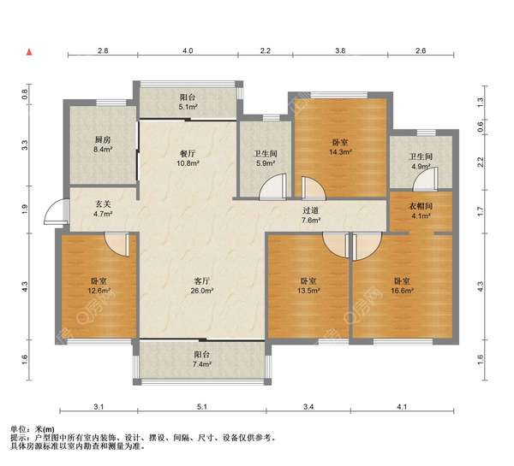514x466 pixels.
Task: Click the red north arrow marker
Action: coord(29,52)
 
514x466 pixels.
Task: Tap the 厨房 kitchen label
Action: coord(103,140)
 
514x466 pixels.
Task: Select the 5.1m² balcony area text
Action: coord(188,107)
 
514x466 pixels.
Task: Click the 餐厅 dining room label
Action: coord(188,153)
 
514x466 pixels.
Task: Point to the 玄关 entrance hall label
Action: coord(103,204)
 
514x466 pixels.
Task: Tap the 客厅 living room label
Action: coord(202,280)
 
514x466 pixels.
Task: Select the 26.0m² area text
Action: coord(202,291)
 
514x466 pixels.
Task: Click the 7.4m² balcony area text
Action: coord(202,364)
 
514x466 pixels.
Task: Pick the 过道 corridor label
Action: coord(310,210)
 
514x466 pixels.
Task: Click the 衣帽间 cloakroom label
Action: coord(421,206)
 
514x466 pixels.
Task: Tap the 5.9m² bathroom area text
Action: coord(266,163)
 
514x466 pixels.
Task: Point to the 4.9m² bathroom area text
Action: coord(421,167)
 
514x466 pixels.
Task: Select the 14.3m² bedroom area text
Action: coord(340,152)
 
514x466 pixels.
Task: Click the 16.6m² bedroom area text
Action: coord(402,291)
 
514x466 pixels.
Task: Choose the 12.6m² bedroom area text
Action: coord(99,291)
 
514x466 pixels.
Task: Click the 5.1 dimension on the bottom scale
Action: coord(202,407)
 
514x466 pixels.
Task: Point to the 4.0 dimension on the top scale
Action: coord(188,50)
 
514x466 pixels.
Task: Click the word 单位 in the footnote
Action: coord(18,429)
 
